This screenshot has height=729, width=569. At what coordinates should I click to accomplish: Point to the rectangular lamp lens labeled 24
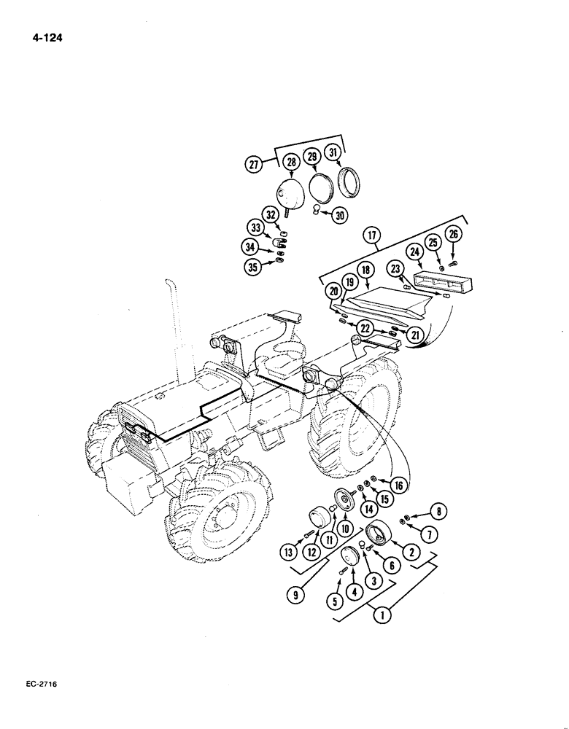[x=438, y=281]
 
